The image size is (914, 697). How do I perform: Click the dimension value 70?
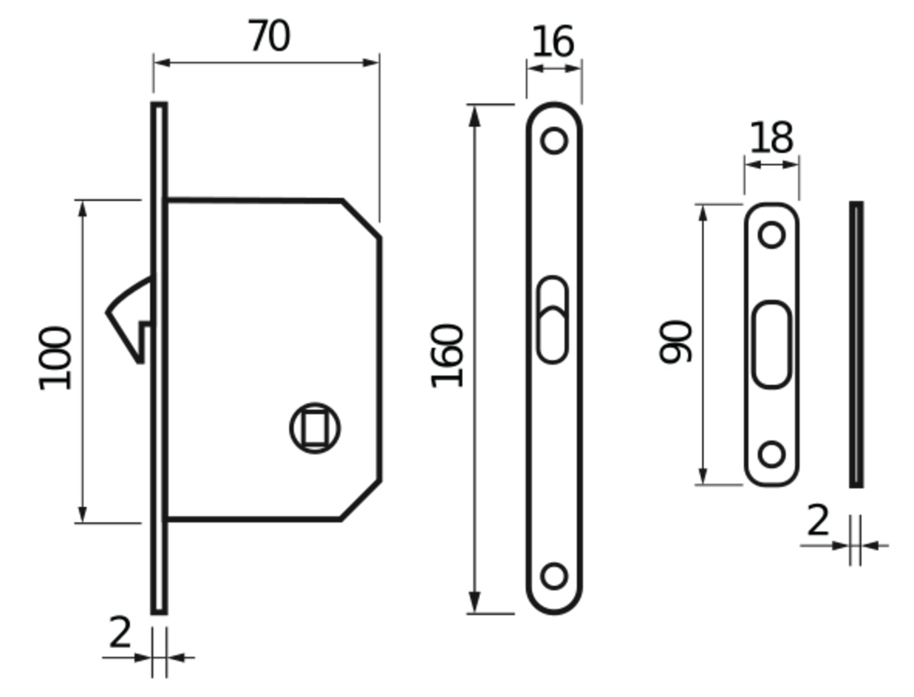pos(269,37)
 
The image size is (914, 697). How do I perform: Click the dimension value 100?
pos(55,359)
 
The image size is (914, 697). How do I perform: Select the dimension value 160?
pos(447,357)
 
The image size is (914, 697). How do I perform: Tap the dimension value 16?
pos(553,42)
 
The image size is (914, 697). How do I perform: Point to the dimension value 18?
pos(771,138)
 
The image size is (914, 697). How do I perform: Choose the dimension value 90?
pos(676,342)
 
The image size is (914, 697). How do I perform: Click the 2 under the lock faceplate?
pos(120,633)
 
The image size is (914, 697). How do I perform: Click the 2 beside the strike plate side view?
pos(818,521)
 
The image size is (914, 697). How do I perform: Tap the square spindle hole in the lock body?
pos(315,428)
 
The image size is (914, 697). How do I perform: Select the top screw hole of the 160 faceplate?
pos(554,140)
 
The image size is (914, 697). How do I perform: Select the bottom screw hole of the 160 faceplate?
pos(554,576)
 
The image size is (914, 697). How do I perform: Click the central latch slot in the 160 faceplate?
pos(553,320)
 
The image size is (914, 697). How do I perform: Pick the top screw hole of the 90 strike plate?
pos(771,235)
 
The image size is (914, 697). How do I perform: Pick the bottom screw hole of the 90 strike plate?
pos(771,455)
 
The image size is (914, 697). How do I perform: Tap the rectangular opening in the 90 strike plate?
pos(771,345)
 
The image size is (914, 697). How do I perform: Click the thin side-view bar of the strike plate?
pos(856,345)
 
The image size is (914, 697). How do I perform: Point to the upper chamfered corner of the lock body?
pos(362,218)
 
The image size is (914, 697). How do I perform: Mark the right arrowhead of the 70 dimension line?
pos(372,62)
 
